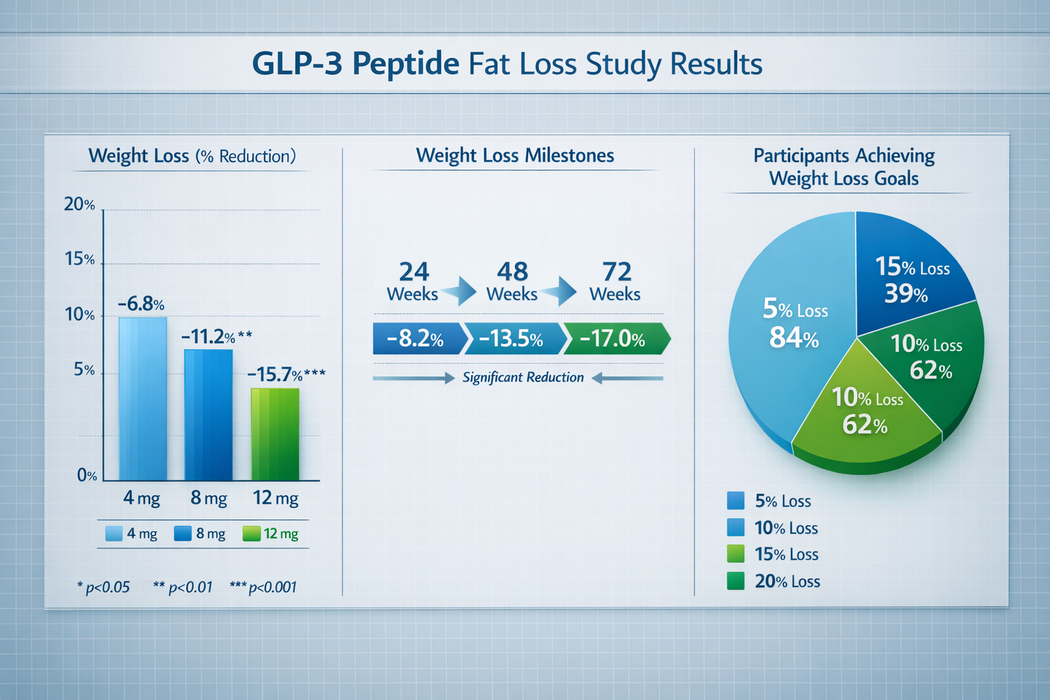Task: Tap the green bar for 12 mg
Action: point(275,434)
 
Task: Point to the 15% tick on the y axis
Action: point(80,259)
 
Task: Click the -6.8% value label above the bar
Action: point(141,304)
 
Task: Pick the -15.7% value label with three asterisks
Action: point(286,375)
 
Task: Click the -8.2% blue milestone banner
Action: point(416,339)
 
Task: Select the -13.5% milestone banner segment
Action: point(513,339)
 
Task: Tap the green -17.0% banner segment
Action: point(612,339)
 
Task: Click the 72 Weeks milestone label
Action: point(615,282)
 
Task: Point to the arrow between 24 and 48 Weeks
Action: point(460,291)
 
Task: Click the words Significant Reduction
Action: point(523,377)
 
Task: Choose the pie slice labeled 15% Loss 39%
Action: point(909,273)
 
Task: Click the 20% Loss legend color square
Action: point(736,581)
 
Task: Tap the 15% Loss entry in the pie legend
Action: point(786,554)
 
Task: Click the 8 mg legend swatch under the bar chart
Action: point(183,533)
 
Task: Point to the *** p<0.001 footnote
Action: point(264,587)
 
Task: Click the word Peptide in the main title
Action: point(406,64)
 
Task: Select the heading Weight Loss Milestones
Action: point(515,156)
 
